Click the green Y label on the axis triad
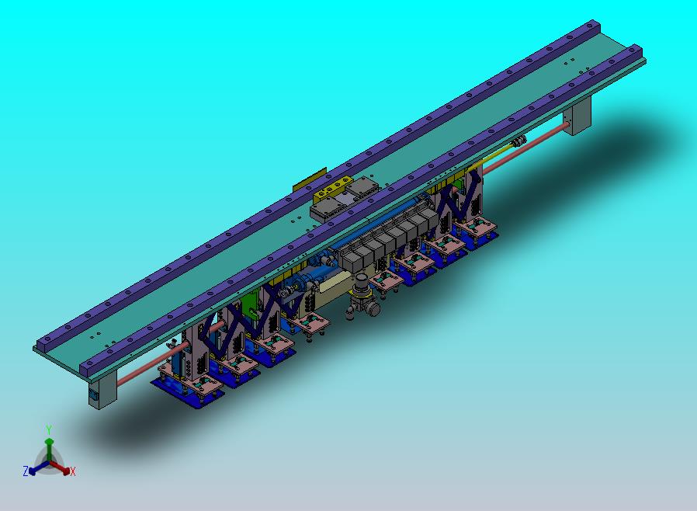tap(48, 429)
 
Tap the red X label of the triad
tap(73, 471)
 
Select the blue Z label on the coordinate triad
tap(26, 471)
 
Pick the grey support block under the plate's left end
tap(101, 389)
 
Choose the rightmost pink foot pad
tap(477, 227)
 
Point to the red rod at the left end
tap(144, 368)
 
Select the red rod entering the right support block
tap(543, 141)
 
